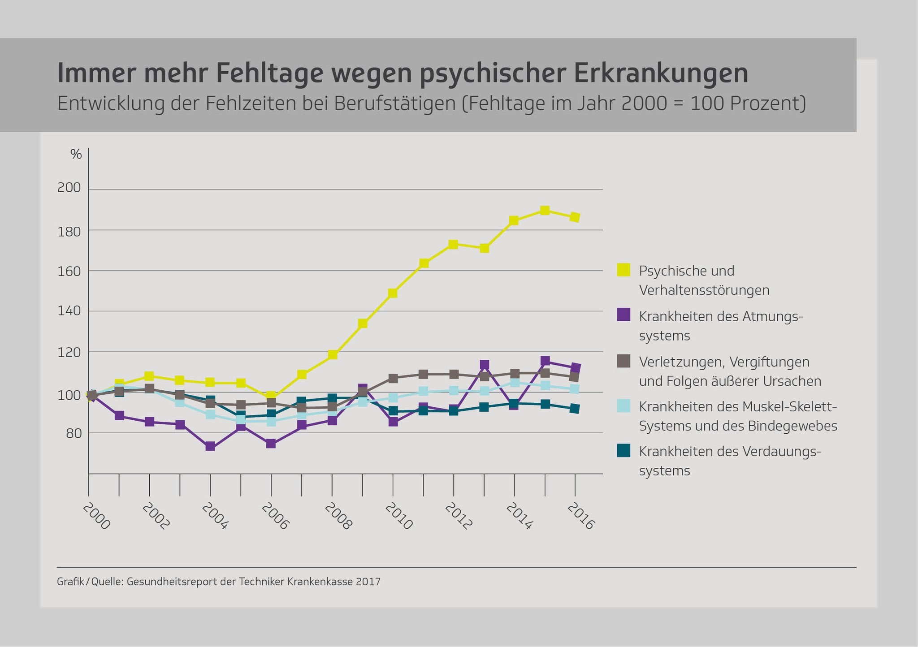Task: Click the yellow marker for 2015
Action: pos(545,211)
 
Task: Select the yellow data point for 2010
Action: pos(393,293)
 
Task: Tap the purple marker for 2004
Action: pos(210,446)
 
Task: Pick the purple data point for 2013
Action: pos(484,365)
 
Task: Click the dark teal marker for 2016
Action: pos(575,409)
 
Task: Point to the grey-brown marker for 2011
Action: pos(424,374)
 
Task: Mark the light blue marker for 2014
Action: pos(515,383)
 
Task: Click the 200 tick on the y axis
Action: pos(69,188)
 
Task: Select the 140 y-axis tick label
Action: pos(69,311)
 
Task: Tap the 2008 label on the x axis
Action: pos(338,516)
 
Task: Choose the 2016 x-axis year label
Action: pos(580,516)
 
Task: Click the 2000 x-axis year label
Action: pos(96,516)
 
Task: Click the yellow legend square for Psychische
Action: pos(624,270)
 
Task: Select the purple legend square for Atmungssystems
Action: pos(624,315)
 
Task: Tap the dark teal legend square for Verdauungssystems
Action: pos(624,450)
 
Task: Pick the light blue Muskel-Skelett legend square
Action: pos(624,405)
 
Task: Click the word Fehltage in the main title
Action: pos(269,73)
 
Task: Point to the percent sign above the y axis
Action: pos(76,155)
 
